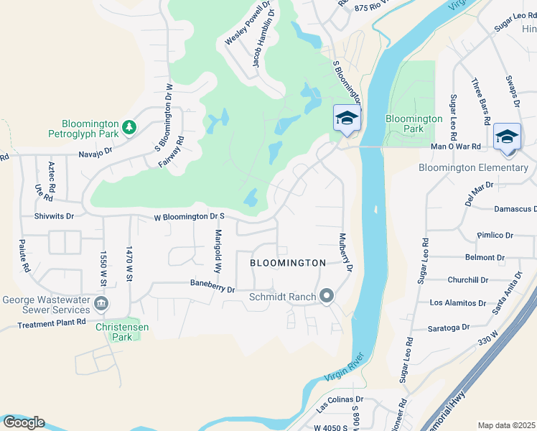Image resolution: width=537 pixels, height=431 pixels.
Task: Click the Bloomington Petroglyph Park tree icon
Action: tap(129, 127)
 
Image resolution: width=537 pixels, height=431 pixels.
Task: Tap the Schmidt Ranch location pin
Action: tap(327, 296)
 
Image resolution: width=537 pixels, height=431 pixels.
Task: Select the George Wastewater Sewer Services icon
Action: tap(101, 303)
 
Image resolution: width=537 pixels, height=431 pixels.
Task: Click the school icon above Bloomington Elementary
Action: tap(507, 136)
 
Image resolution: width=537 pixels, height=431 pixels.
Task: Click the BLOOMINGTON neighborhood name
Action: tap(288, 264)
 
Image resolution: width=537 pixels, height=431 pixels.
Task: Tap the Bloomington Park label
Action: tap(414, 124)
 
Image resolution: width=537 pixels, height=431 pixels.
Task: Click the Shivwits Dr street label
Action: tap(54, 215)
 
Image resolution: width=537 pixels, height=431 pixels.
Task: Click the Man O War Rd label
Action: tap(475, 147)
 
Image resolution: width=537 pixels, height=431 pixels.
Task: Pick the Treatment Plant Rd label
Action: tap(52, 323)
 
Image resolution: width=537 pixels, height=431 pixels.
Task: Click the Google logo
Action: tap(24, 422)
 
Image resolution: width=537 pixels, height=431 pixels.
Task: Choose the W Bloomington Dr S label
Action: tap(190, 215)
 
